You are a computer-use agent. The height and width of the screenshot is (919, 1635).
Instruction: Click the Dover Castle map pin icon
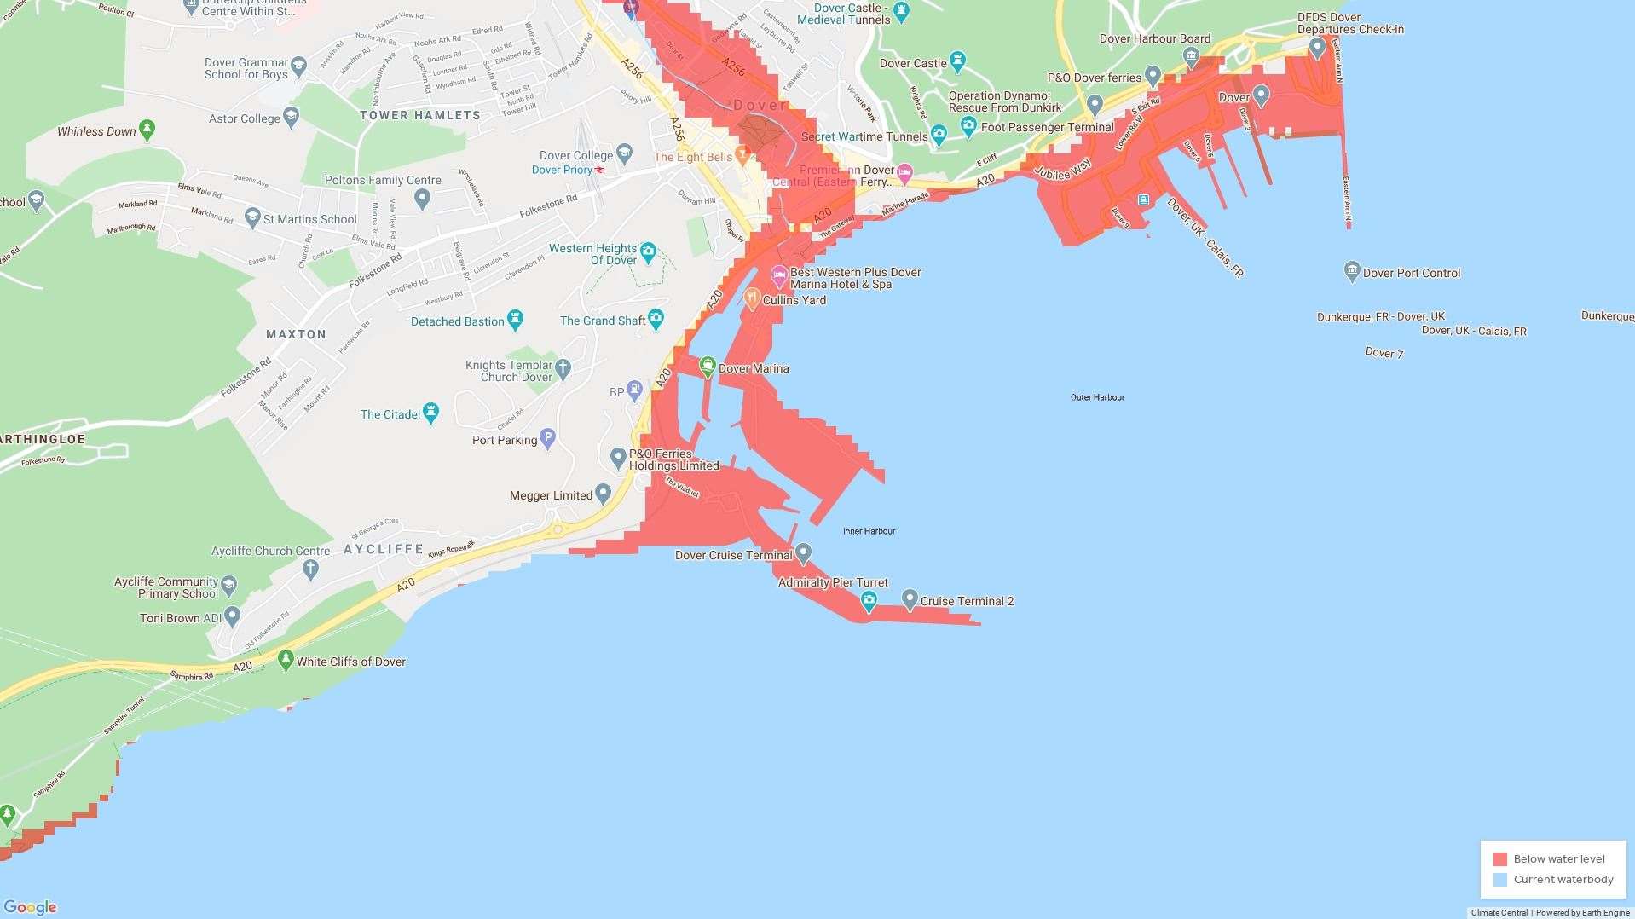pyautogui.click(x=957, y=61)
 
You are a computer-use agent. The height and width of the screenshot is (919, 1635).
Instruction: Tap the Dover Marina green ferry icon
pyautogui.click(x=707, y=367)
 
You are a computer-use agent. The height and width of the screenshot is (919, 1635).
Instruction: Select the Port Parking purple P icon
pyautogui.click(x=548, y=438)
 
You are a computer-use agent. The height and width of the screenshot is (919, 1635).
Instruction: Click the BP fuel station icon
pyautogui.click(x=634, y=390)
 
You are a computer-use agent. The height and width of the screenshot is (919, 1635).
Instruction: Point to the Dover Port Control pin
pyautogui.click(x=1351, y=271)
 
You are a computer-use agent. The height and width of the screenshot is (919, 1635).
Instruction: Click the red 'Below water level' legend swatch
pyautogui.click(x=1500, y=859)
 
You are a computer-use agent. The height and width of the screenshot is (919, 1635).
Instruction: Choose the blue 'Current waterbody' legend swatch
pyautogui.click(x=1500, y=880)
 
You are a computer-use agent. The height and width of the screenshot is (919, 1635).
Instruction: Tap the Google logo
pyautogui.click(x=30, y=908)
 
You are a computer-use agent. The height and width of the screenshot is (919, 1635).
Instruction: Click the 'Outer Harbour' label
pyautogui.click(x=1097, y=397)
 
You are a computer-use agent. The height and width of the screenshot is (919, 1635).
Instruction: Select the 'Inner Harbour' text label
pyautogui.click(x=869, y=531)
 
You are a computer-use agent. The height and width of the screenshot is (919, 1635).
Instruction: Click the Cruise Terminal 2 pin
pyautogui.click(x=910, y=598)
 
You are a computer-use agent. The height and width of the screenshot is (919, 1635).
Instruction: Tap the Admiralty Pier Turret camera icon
pyautogui.click(x=869, y=601)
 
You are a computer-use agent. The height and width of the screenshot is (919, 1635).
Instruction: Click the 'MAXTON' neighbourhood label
pyautogui.click(x=296, y=334)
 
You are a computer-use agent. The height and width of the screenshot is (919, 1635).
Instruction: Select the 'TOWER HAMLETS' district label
pyautogui.click(x=420, y=115)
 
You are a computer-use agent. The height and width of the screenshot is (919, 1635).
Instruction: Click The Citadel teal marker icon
pyautogui.click(x=430, y=413)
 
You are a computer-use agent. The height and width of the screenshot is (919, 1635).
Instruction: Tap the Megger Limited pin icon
pyautogui.click(x=603, y=493)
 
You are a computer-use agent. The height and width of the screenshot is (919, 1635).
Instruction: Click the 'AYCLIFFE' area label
pyautogui.click(x=384, y=549)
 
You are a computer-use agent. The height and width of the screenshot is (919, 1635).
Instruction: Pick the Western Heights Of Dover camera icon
pyautogui.click(x=648, y=251)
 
